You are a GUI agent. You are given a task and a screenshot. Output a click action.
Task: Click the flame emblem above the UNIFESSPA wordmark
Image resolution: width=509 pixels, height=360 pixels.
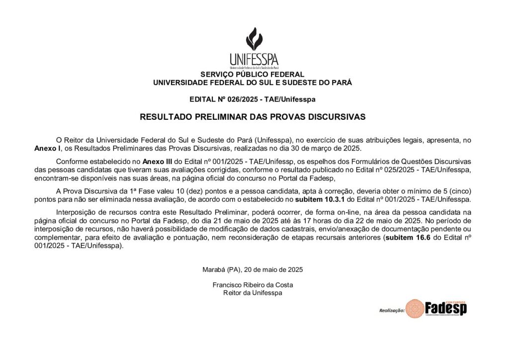coord(254,39)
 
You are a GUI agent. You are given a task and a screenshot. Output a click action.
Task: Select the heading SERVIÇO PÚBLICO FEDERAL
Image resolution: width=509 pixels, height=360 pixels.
coord(253,75)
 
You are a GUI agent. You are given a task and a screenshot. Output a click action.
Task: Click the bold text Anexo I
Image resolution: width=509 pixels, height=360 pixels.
coord(47,148)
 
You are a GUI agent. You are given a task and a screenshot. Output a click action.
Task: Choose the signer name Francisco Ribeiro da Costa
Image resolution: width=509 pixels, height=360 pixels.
coord(253,285)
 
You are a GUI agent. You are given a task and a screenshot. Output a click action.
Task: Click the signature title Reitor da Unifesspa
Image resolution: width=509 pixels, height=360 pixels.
coord(253,293)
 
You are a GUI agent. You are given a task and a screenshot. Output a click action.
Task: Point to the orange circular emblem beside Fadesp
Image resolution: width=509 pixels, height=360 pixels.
coord(415,309)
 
